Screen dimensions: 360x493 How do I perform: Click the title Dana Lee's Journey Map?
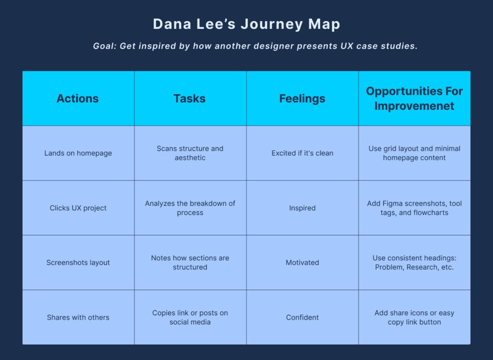(x=246, y=24)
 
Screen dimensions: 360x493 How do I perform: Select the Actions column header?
(x=78, y=99)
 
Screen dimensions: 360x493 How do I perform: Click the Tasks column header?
(x=190, y=99)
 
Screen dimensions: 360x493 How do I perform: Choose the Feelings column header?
(x=302, y=99)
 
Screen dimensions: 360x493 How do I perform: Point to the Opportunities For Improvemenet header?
(x=414, y=99)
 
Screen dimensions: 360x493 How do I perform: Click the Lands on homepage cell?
(x=78, y=153)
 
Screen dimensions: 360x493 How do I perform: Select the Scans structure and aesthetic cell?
(x=190, y=153)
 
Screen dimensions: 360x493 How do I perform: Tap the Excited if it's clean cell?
(x=302, y=153)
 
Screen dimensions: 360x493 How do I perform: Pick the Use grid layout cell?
(x=414, y=153)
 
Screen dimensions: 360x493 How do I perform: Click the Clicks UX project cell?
(x=78, y=208)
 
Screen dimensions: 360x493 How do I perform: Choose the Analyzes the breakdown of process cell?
(x=190, y=208)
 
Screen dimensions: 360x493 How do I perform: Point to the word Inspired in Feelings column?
(x=302, y=208)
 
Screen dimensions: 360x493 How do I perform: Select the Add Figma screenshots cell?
(x=414, y=208)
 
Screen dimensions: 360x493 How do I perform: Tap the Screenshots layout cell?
(x=78, y=263)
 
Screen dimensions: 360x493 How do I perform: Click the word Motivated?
(x=302, y=263)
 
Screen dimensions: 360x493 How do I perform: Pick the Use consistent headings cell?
(x=414, y=263)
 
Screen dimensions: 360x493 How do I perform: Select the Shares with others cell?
(x=78, y=318)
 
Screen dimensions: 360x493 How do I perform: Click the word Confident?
(x=302, y=318)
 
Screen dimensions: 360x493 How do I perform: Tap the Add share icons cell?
(x=414, y=318)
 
